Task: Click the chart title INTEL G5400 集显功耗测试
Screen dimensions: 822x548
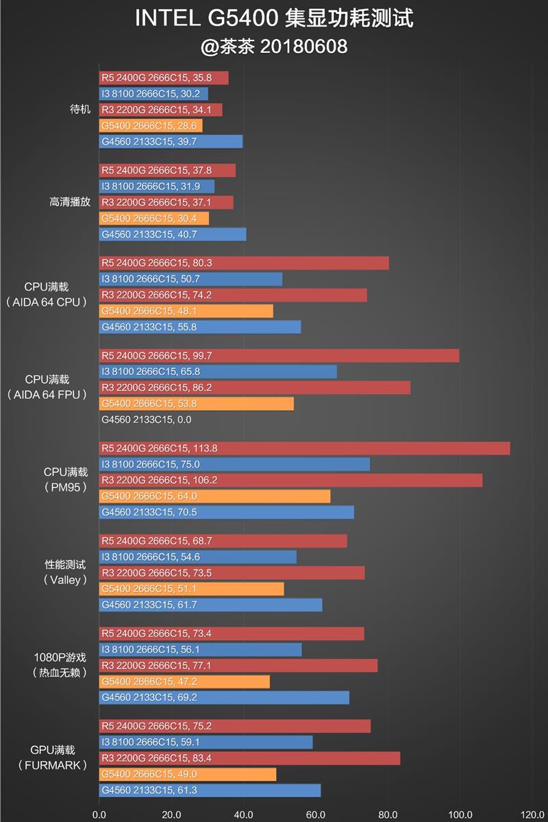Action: [x=274, y=19]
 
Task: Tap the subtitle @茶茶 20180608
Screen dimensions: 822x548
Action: [x=274, y=46]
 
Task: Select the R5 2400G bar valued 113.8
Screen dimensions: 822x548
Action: [x=304, y=448]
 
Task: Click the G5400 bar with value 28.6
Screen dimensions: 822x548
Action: [x=151, y=125]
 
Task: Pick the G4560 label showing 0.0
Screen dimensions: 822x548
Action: [x=145, y=420]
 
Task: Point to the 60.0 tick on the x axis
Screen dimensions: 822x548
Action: [x=315, y=814]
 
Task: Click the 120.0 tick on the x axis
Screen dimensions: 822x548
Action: [x=532, y=814]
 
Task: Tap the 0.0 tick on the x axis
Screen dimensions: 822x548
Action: [x=99, y=814]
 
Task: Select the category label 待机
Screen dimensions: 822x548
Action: [x=79, y=110]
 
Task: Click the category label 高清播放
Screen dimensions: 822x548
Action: [x=70, y=202]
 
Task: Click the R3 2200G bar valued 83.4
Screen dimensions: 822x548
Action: [x=249, y=758]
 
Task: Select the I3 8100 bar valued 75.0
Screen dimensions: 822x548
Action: [x=234, y=464]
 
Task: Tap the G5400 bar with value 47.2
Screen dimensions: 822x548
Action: [x=184, y=681]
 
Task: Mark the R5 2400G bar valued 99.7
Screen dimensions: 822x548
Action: [x=279, y=356]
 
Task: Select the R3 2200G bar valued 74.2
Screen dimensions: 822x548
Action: [x=233, y=295]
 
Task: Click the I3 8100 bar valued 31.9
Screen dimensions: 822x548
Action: [x=156, y=186]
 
